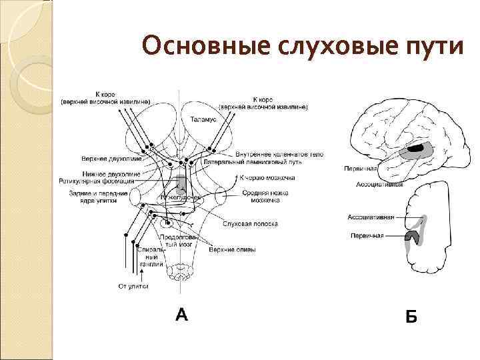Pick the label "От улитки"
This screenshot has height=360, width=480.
(x=133, y=286)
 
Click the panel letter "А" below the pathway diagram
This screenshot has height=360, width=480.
(x=181, y=313)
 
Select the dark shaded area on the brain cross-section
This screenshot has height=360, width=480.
(x=414, y=235)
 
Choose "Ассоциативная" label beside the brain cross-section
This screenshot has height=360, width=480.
(x=371, y=217)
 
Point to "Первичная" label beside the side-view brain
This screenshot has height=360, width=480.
(x=361, y=169)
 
